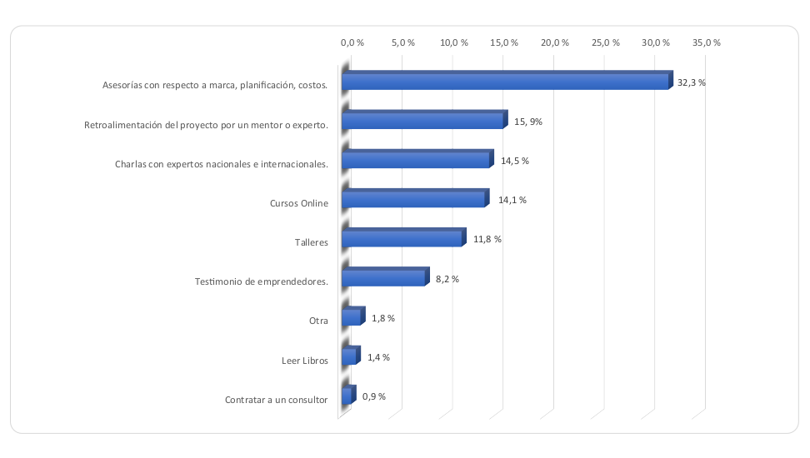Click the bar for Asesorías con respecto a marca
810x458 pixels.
coord(506,82)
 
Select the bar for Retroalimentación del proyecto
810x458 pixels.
coord(423,121)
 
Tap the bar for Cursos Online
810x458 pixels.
coord(414,200)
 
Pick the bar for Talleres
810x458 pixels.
coord(402,239)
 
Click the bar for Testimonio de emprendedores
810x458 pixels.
coord(384,278)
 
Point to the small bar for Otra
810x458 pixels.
coord(352,318)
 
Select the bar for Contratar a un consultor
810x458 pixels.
coord(347,396)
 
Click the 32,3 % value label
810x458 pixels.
coord(691,82)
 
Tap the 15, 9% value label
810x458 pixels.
coord(528,122)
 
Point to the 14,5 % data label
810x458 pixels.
coord(515,161)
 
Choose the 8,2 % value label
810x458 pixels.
coord(447,279)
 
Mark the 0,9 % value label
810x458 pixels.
coord(373,396)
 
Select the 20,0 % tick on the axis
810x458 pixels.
coord(555,42)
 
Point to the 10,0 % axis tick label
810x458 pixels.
coord(453,42)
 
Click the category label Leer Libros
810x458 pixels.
coord(305,361)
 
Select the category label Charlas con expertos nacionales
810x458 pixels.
coord(221,163)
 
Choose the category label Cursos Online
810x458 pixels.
coord(298,203)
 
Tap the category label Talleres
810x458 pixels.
coord(311,242)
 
